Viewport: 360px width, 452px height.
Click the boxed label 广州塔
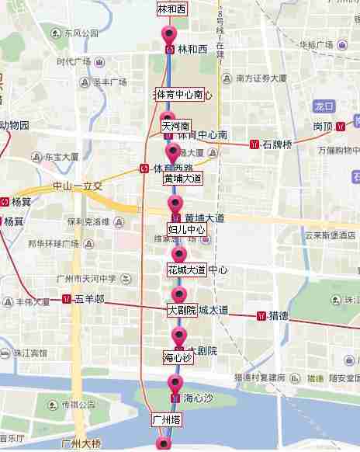166,419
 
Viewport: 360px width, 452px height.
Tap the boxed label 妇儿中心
186,230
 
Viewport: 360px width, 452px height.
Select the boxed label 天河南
176,125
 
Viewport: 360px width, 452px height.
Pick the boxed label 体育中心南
179,95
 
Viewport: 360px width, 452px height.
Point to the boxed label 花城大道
186,270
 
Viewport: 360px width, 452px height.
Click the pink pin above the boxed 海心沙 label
179,336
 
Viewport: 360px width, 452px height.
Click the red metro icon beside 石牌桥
254,144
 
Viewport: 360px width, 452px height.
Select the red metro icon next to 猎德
261,316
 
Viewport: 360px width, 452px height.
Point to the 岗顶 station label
324,126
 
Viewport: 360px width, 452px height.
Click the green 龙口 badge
324,106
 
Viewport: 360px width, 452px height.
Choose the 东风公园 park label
81,34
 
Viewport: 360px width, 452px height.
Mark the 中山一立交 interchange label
77,186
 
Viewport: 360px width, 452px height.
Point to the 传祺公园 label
80,405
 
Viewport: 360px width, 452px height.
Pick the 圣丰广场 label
109,81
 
